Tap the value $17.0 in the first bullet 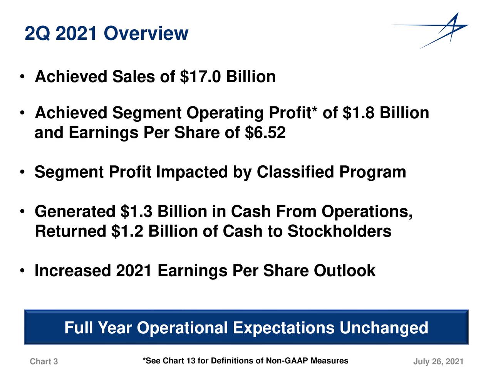point(200,77)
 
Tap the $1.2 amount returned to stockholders point(127,231)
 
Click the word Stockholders point(339,231)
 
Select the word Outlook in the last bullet point(344,271)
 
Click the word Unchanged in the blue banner point(384,328)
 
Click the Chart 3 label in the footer point(44,362)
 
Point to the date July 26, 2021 point(438,362)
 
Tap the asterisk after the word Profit point(315,110)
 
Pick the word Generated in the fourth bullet point(75,212)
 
